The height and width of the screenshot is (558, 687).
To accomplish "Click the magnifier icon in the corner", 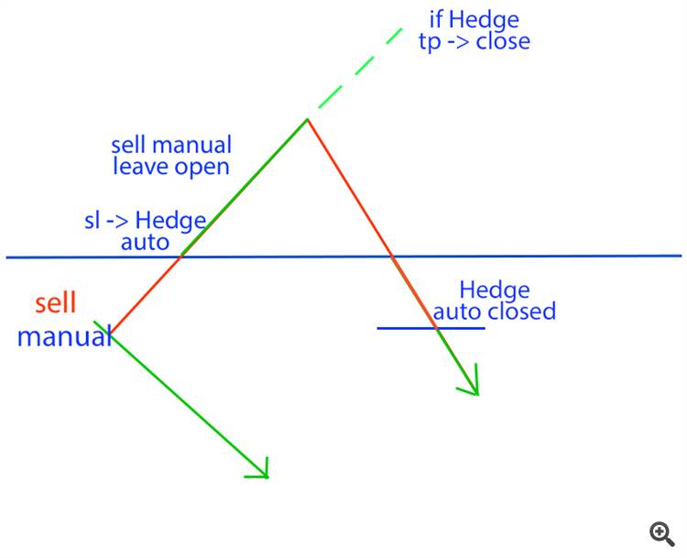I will pos(662,533).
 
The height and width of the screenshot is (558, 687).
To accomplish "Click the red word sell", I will pos(56,304).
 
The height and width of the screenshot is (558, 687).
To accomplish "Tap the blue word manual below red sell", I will pos(62,336).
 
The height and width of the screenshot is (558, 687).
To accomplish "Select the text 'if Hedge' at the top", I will pos(474,19).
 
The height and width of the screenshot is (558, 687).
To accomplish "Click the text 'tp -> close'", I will pos(474,41).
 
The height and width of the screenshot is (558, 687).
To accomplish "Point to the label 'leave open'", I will pos(170,167).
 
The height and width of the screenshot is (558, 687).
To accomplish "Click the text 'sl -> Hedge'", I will pos(145,222).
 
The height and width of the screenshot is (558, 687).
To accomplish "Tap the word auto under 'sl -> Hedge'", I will pos(145,242).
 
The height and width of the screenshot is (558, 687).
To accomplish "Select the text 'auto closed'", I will pos(494,312).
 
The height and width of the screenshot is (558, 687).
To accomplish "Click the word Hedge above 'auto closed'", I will pos(495,290).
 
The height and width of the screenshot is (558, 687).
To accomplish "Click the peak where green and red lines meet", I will pos(307,119).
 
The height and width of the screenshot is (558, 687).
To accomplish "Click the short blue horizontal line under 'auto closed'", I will pos(431,328).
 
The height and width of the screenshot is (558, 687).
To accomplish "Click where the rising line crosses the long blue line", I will pos(180,257).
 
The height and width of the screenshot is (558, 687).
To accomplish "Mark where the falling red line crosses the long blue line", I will pos(392,257).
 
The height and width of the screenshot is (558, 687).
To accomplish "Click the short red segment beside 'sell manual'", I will pos(145,294).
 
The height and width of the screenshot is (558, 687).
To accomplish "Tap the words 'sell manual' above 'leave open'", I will pos(171,146).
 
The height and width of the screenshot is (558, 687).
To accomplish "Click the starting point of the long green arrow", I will pos(111,332).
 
